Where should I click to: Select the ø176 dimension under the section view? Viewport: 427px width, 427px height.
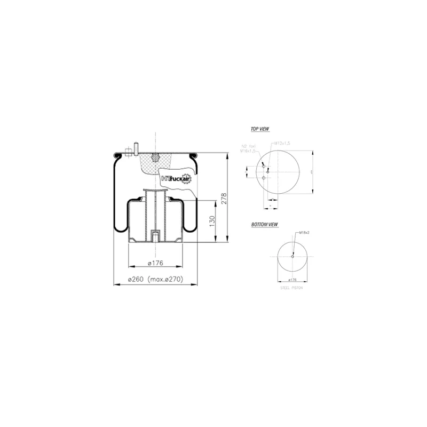coord(155,262)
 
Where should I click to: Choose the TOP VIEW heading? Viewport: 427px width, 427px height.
coord(259,130)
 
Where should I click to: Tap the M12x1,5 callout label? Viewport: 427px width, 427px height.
coord(281,144)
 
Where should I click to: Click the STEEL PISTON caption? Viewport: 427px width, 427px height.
coord(291,287)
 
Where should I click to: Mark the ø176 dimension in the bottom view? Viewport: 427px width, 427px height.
coord(292,279)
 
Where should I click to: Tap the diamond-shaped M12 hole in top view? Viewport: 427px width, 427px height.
coord(268,170)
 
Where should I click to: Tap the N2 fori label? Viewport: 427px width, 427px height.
coord(249,146)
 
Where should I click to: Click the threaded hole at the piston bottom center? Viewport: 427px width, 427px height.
coord(155,235)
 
